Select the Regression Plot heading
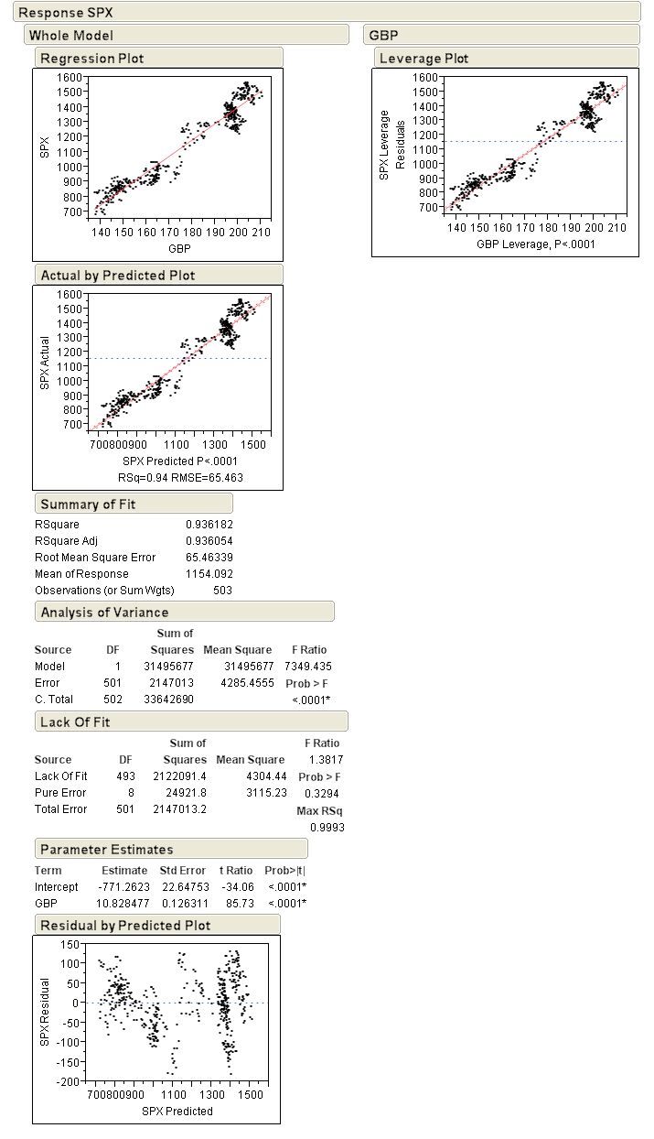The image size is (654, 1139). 92,59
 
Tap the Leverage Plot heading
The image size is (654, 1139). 423,59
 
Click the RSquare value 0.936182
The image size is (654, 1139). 209,525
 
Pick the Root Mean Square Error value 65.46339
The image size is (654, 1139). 209,558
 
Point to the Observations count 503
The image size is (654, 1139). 222,591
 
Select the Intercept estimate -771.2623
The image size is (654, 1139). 123,887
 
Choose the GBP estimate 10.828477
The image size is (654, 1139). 123,904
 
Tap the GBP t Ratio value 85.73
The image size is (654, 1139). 241,904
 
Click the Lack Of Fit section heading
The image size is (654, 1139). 75,721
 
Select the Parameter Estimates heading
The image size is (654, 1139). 106,849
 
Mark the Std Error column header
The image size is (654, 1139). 182,871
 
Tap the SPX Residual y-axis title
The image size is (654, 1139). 45,1012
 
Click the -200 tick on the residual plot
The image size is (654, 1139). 68,1081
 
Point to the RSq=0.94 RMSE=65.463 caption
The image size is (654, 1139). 180,477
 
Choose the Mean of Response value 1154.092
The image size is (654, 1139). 209,574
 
